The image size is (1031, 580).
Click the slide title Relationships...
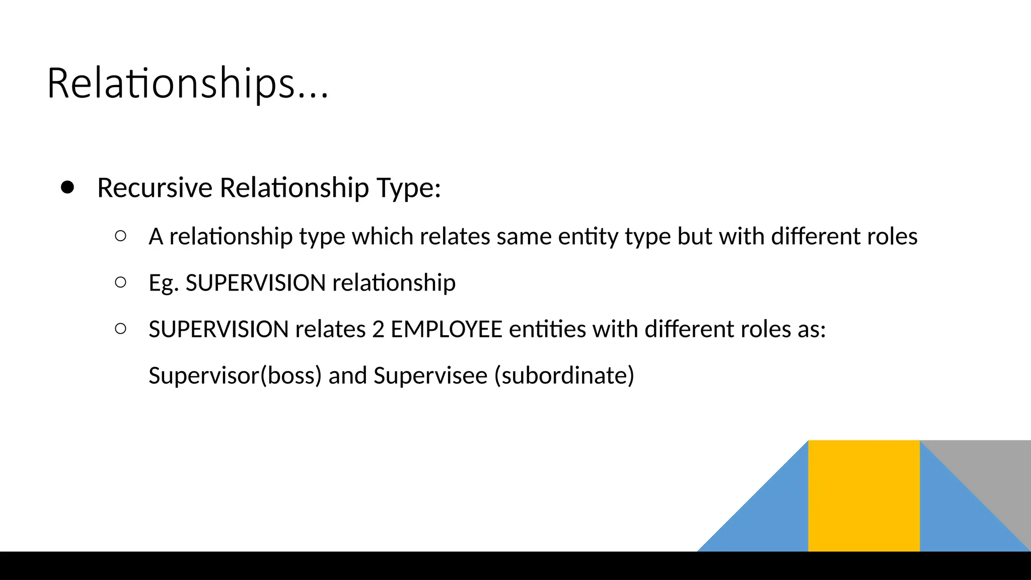pyautogui.click(x=187, y=84)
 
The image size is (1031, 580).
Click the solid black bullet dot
pyautogui.click(x=67, y=187)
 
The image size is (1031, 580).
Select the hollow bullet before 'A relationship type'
pyautogui.click(x=120, y=236)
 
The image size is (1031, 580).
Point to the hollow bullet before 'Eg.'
pyautogui.click(x=120, y=282)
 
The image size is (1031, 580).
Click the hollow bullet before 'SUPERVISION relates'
pyautogui.click(x=120, y=329)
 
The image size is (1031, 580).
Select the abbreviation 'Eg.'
pyautogui.click(x=164, y=283)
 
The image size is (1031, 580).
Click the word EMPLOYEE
pyautogui.click(x=447, y=329)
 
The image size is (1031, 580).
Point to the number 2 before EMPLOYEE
pyautogui.click(x=378, y=329)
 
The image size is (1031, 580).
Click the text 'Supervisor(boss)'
pyautogui.click(x=235, y=376)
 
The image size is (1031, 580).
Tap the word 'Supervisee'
pyautogui.click(x=430, y=376)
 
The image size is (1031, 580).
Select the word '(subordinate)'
pyautogui.click(x=564, y=376)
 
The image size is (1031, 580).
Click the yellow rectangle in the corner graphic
pyautogui.click(x=864, y=495)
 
